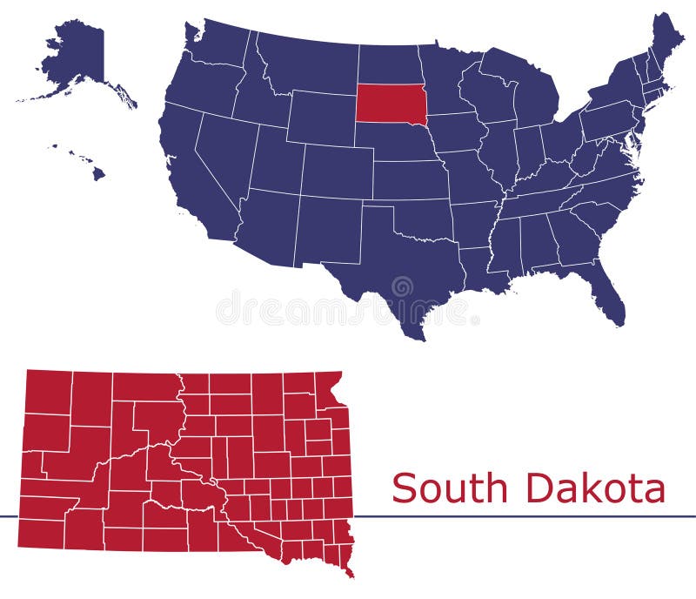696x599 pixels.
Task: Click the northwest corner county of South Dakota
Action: (48, 391)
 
